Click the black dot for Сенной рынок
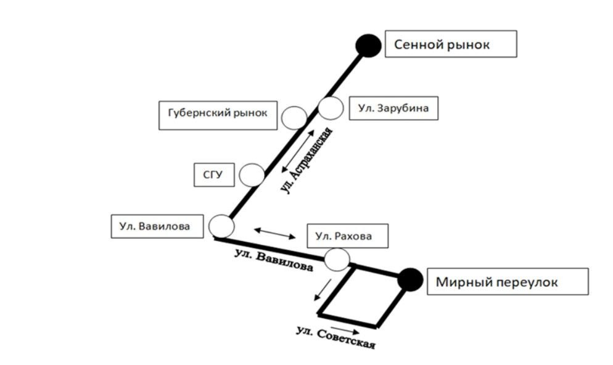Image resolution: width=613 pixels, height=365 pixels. coord(368,45)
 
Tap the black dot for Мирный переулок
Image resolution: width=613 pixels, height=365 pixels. coord(409,279)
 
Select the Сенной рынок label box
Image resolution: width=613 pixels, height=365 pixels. coord(450,44)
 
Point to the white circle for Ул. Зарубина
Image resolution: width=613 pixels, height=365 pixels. coord(331,108)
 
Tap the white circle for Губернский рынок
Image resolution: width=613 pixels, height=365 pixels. coord(294,117)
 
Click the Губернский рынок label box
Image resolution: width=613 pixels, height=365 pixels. coord(218,115)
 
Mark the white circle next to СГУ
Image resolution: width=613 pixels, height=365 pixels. coord(252,175)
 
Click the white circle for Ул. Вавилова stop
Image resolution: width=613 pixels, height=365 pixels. coord(221,226)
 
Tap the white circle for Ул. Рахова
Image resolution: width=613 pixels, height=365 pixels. coord(337,260)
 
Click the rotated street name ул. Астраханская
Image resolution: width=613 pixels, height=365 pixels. coord(306,162)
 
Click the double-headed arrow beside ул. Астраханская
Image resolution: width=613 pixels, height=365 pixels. coord(298,151)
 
